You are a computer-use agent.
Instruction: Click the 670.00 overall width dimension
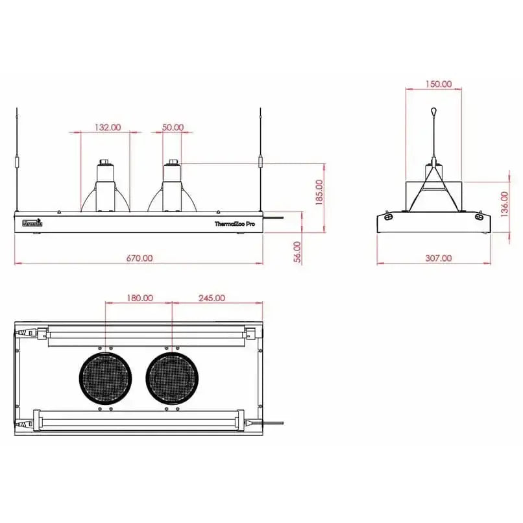click(139, 258)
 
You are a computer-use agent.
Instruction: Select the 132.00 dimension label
click(107, 127)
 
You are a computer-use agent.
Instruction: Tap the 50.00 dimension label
click(173, 127)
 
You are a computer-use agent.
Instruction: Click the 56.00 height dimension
click(297, 251)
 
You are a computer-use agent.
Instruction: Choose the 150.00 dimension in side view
click(439, 84)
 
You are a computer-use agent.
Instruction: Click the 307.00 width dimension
click(438, 258)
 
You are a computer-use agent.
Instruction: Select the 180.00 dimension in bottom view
click(140, 298)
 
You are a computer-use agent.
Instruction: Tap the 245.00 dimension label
click(212, 298)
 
